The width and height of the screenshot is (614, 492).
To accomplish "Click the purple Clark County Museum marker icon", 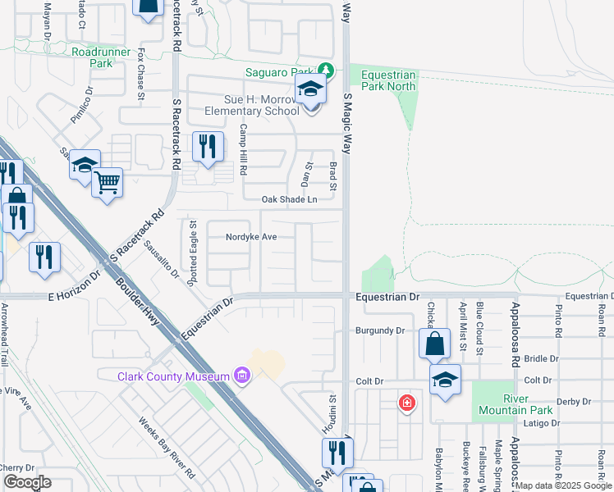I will tap(241, 376).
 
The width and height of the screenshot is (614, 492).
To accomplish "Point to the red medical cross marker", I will tap(406, 403).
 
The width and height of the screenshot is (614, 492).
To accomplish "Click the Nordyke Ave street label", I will tap(251, 237).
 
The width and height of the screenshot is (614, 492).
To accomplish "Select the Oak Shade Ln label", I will tap(289, 199).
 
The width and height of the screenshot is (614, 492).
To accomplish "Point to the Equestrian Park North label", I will tap(389, 80).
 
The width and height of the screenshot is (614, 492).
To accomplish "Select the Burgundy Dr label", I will tap(381, 330).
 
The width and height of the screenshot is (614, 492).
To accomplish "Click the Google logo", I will tap(26, 482).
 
